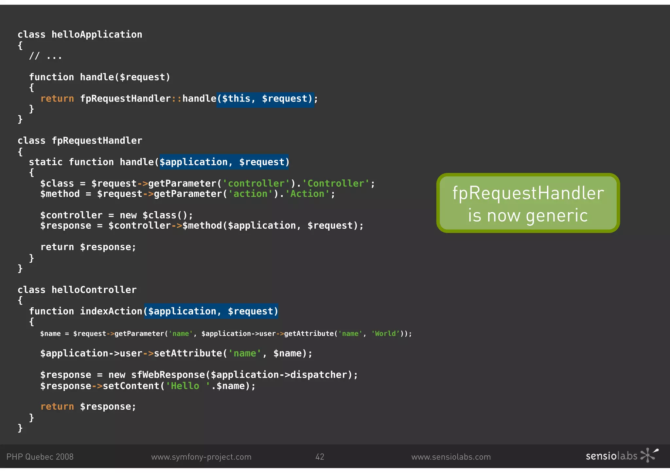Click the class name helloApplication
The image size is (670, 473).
(97, 35)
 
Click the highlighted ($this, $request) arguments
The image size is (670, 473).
(265, 99)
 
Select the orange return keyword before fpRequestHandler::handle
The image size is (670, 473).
(57, 99)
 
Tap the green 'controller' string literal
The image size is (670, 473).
(256, 184)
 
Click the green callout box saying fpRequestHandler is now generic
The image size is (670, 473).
(528, 203)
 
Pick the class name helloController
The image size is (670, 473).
(94, 290)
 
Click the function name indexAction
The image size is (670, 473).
(111, 311)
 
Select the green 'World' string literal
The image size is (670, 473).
(385, 334)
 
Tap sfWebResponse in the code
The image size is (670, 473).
(168, 375)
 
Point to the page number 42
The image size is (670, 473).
(320, 457)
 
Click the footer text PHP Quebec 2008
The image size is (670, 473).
(40, 457)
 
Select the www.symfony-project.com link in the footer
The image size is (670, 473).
(201, 457)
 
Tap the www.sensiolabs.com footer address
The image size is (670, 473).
(451, 457)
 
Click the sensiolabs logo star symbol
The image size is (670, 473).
(649, 455)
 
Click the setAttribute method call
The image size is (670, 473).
(188, 353)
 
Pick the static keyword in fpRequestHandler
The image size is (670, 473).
(45, 162)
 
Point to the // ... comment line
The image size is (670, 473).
(45, 57)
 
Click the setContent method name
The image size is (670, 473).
(131, 386)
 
